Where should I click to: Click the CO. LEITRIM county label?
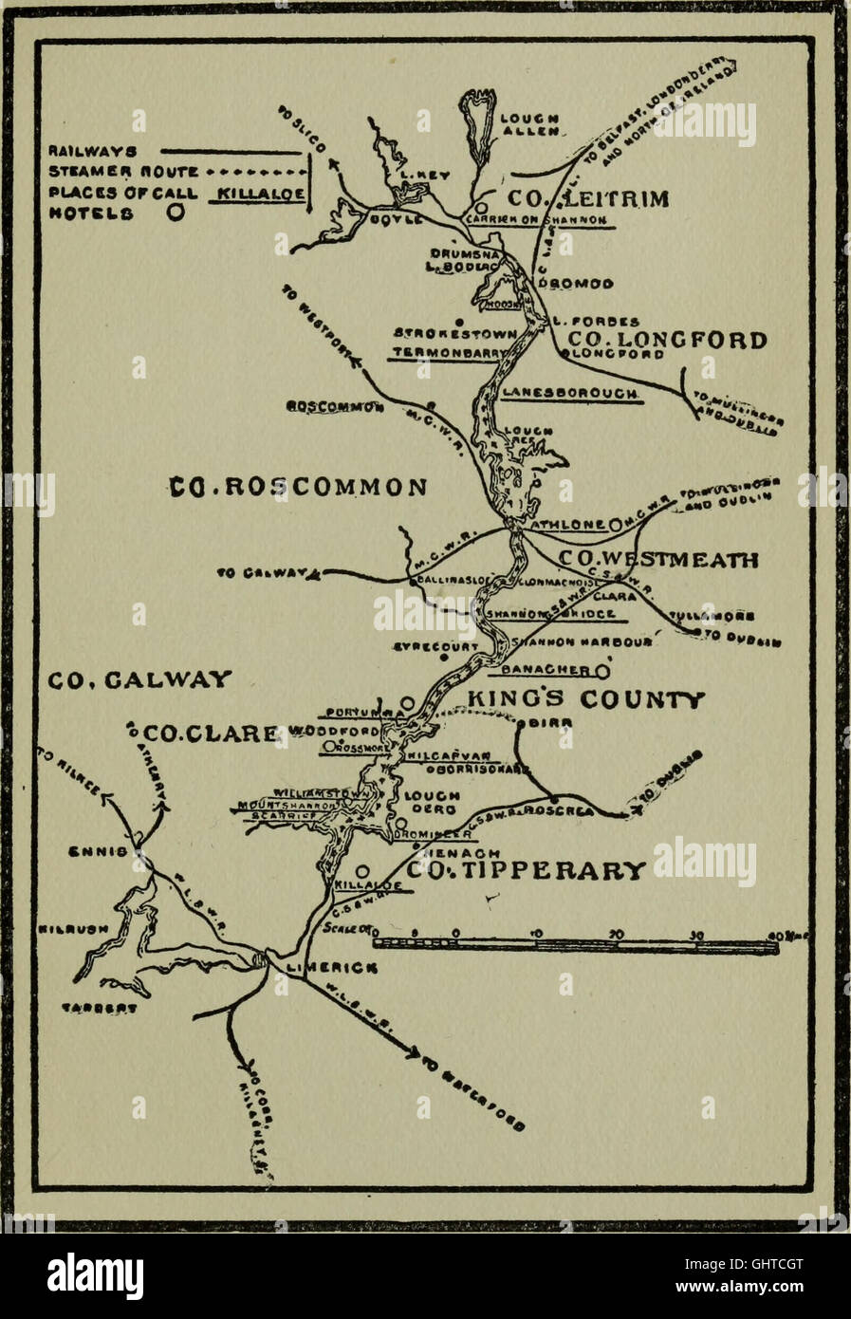click(588, 198)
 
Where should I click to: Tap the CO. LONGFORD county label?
click(667, 340)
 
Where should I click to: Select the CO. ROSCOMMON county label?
click(298, 487)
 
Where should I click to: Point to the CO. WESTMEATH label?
click(657, 559)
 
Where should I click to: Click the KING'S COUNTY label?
click(586, 700)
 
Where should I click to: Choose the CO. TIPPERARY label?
click(527, 869)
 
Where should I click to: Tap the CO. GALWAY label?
click(139, 678)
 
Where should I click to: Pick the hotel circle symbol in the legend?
click(176, 214)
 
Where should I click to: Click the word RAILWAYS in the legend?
click(92, 151)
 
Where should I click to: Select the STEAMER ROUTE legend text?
click(123, 173)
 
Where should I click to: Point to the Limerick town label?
click(331, 968)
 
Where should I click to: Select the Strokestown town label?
click(455, 334)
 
